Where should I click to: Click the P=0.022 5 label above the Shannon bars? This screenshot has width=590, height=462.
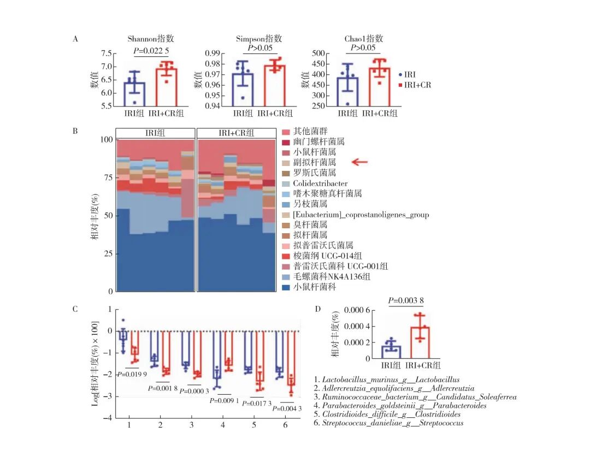tap(155, 50)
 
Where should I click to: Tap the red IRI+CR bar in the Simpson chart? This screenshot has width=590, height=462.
tap(275, 85)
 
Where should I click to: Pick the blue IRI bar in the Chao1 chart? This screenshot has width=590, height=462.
tap(347, 91)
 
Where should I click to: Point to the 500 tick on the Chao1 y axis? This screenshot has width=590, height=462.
tap(317, 54)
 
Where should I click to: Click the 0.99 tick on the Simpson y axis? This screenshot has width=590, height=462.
tap(212, 54)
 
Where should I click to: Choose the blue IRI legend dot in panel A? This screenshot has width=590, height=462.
tap(400, 74)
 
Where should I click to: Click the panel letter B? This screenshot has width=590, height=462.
tap(75, 131)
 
